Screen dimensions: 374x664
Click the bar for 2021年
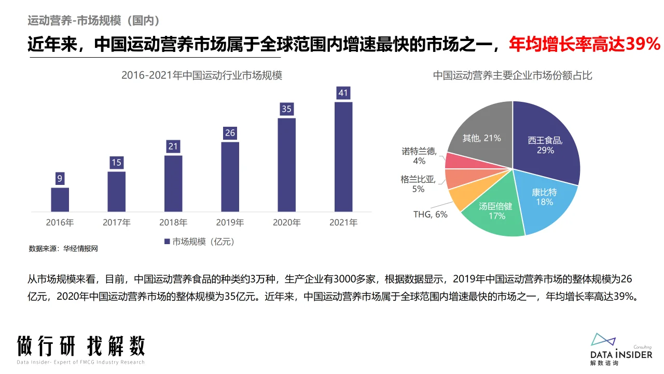(343, 157)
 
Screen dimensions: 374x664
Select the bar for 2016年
(60, 199)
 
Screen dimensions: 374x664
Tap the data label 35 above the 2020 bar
(286, 109)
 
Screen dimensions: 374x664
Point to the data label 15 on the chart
(116, 163)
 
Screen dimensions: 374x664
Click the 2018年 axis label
(173, 223)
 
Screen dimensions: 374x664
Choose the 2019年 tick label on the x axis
(230, 223)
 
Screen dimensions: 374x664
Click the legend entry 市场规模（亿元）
(200, 242)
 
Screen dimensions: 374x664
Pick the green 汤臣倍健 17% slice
(495, 213)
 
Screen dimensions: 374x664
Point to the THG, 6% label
(430, 214)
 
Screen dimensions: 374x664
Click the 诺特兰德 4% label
(419, 156)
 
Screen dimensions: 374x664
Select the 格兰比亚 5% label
(418, 184)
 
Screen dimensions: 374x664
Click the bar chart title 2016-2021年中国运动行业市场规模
(202, 75)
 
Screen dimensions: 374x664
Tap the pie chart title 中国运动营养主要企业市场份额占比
(513, 75)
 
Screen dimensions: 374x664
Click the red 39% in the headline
(642, 45)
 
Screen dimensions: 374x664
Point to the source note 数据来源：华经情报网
(63, 249)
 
